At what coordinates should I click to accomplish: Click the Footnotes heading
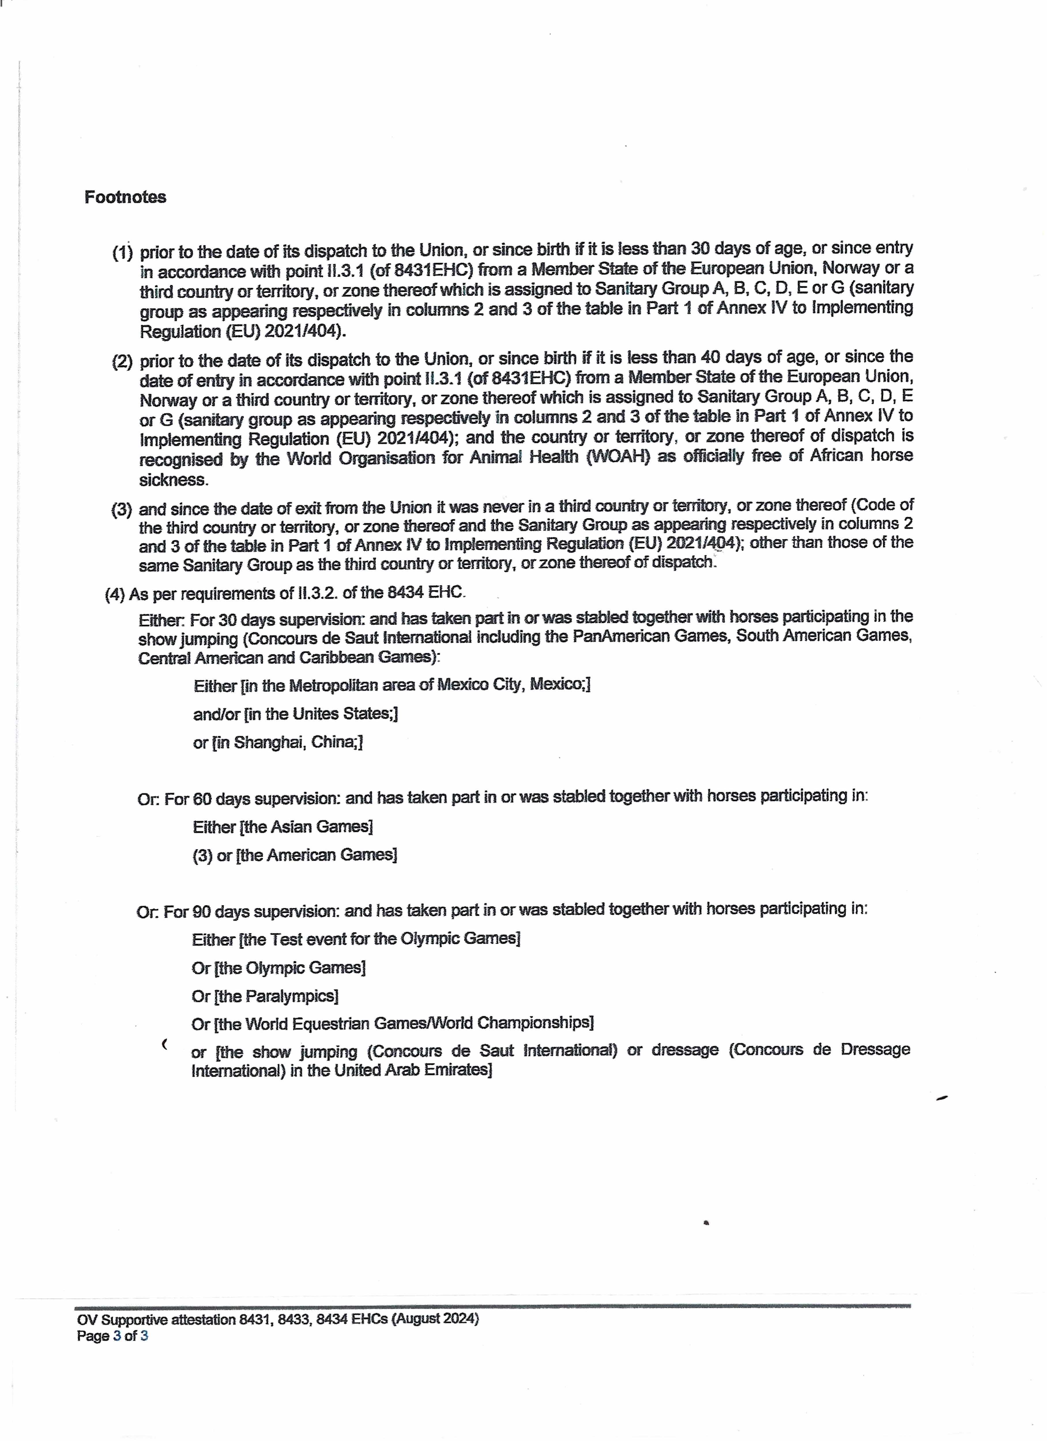125,197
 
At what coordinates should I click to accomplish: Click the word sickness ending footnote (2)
174,480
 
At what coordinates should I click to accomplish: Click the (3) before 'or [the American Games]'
202,855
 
